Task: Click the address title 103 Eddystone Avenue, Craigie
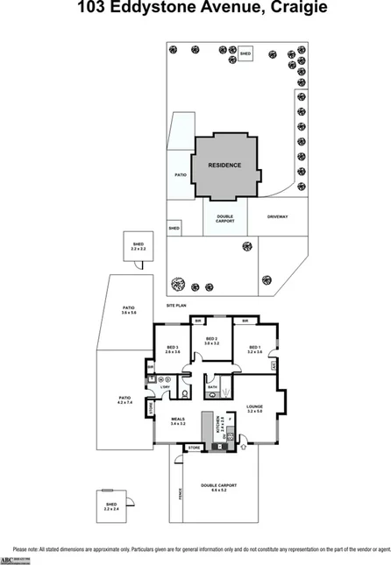tap(195, 9)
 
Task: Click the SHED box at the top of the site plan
tap(245, 53)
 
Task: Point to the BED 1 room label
tap(254, 350)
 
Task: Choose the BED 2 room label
tap(210, 341)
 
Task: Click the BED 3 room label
tap(172, 350)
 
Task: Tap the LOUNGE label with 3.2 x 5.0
tap(255, 408)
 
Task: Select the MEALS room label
tap(179, 420)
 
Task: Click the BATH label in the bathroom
tap(212, 386)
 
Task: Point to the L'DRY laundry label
tap(164, 386)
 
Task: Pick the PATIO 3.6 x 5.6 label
tap(128, 310)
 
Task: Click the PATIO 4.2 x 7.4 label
tap(124, 400)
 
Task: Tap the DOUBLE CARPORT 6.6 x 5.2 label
tap(219, 487)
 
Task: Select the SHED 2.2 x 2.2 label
tap(138, 247)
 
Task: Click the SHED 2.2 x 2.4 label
tap(110, 506)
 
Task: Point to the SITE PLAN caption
tap(177, 305)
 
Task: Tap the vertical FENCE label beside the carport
tap(179, 494)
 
